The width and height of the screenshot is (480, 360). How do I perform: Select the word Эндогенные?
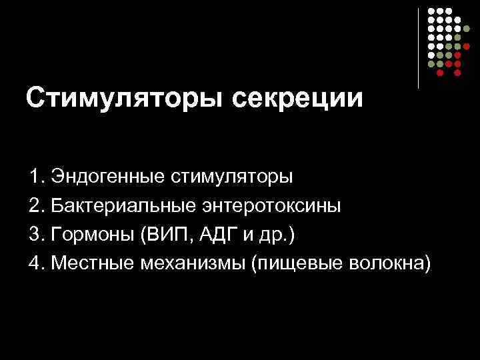click(109, 178)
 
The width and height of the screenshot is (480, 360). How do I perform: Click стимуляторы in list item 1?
click(232, 179)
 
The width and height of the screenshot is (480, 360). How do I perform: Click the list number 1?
click(35, 178)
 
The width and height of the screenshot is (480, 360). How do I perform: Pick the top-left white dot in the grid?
click(431, 12)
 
